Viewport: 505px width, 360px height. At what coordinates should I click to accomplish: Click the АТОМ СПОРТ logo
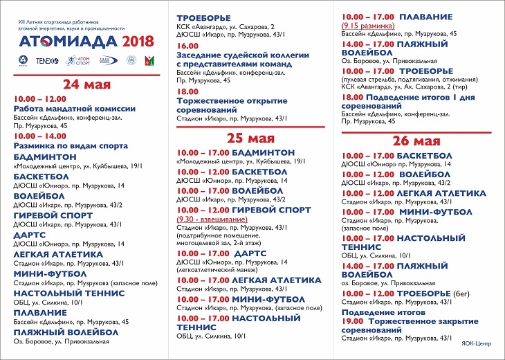77,60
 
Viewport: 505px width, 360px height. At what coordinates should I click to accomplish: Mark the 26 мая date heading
419,141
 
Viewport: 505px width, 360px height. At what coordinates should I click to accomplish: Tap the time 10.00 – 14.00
39,136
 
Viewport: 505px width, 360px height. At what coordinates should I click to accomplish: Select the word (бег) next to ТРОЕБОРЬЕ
462,294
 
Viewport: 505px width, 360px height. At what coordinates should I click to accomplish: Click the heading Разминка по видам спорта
71,146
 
